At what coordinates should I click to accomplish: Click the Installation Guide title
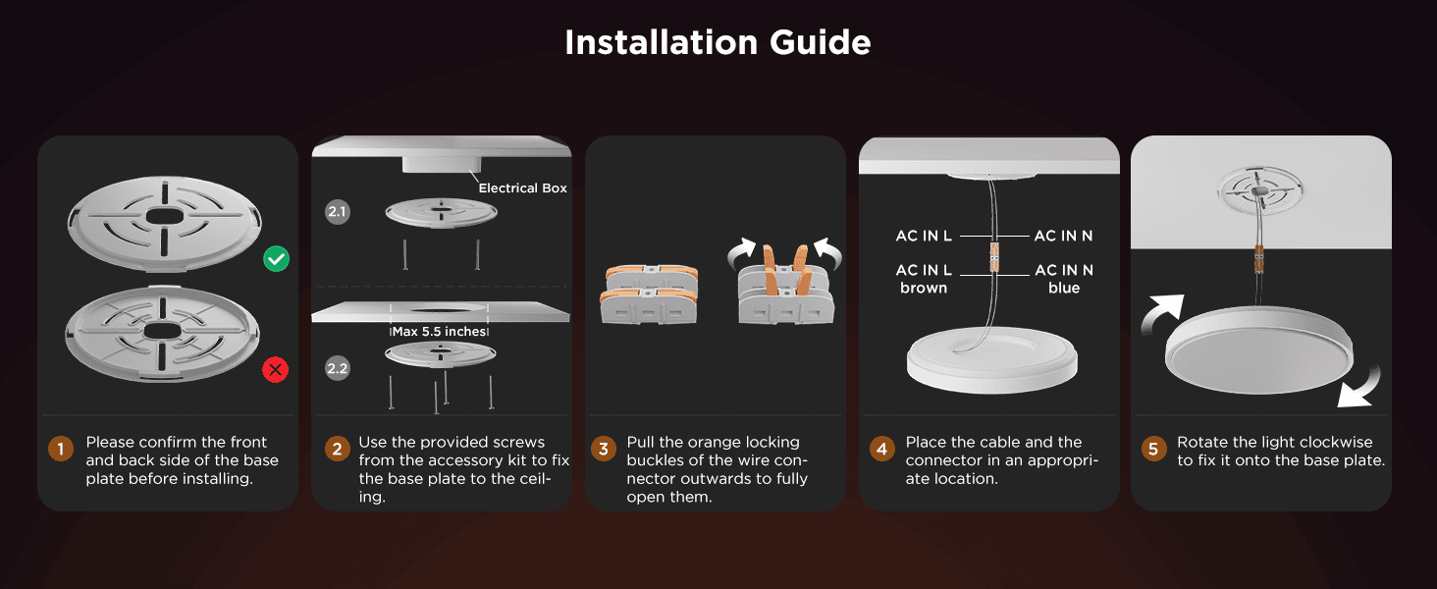click(718, 42)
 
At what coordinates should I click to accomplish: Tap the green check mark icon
click(277, 258)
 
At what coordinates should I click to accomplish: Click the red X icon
click(275, 369)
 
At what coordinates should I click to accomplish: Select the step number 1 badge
click(61, 449)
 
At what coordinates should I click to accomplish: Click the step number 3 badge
click(603, 449)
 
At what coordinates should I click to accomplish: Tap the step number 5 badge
click(1153, 449)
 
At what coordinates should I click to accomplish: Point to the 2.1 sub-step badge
click(338, 212)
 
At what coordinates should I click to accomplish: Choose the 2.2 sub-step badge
click(338, 368)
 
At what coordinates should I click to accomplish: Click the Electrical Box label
click(523, 188)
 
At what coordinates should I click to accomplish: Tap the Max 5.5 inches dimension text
click(440, 331)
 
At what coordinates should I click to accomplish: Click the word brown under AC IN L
click(924, 288)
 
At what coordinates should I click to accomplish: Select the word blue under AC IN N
click(1064, 288)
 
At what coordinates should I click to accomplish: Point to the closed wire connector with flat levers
click(649, 294)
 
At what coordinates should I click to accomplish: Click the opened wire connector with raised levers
click(786, 285)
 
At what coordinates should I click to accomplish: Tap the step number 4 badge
click(882, 449)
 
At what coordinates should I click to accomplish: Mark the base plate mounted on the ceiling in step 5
click(1261, 190)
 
